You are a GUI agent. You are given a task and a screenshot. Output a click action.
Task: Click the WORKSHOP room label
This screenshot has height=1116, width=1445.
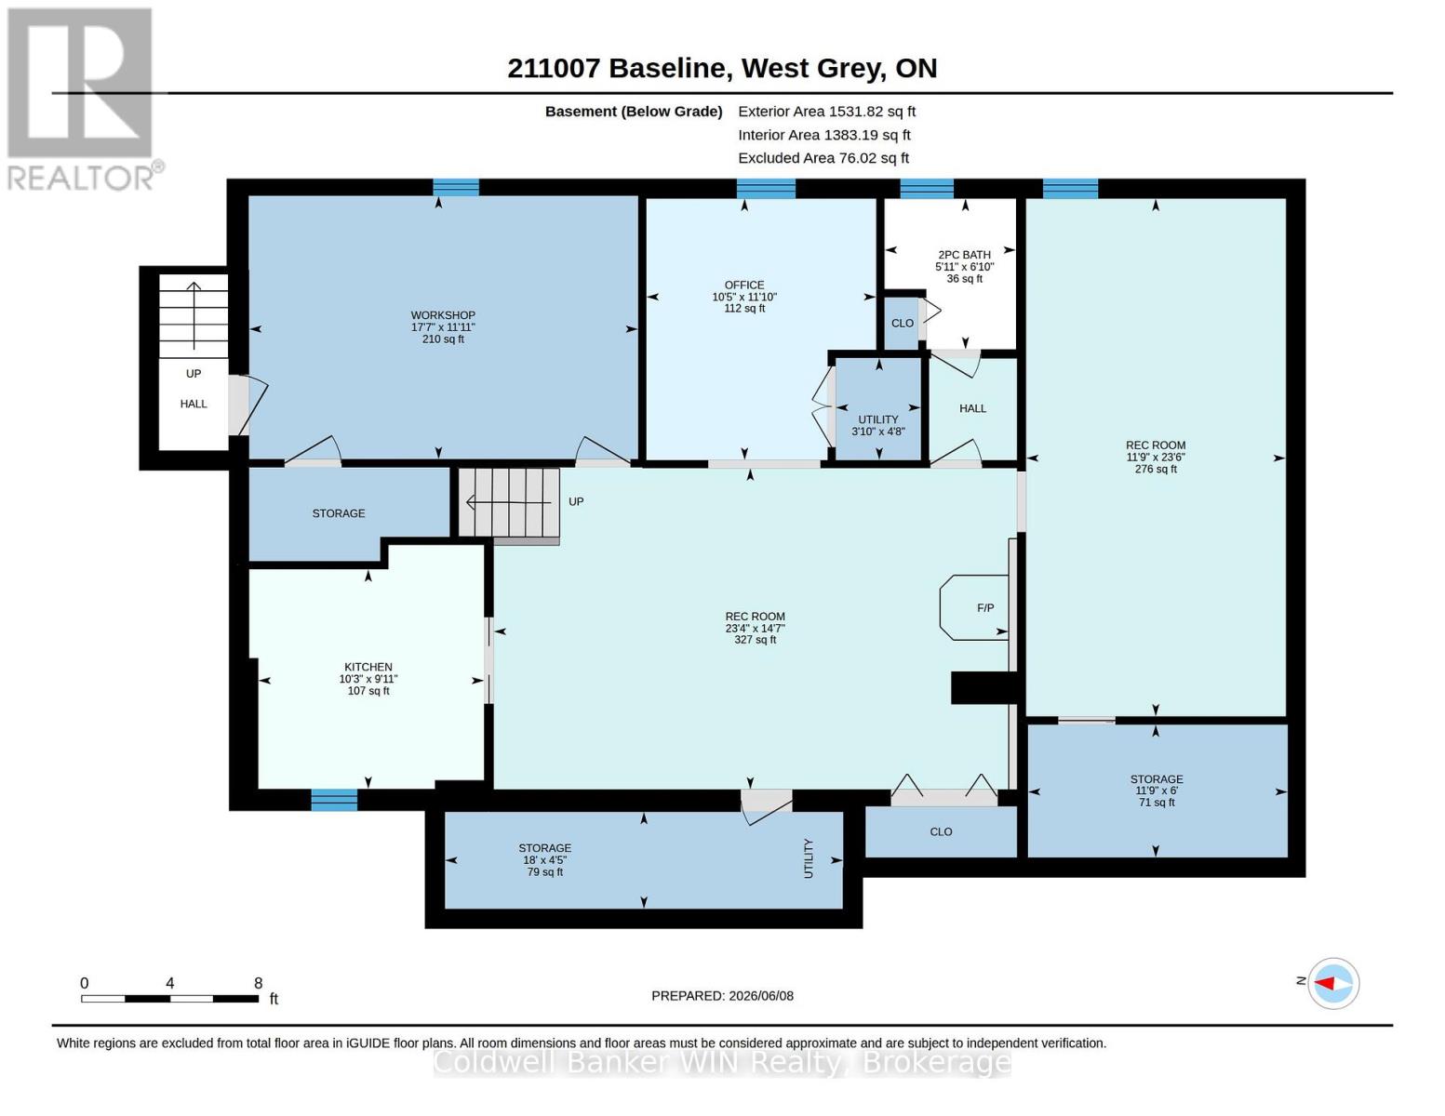click(x=443, y=315)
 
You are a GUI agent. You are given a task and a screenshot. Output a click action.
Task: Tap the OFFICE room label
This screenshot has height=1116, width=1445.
click(x=744, y=285)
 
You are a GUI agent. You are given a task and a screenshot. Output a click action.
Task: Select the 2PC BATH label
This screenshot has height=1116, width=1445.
click(x=964, y=255)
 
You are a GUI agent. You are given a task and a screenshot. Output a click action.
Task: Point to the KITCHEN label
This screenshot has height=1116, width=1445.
click(x=368, y=667)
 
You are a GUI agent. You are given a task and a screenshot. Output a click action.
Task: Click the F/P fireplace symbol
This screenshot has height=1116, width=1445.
click(x=974, y=607)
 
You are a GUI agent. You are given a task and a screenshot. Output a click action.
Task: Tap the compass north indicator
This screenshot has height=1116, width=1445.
click(x=1332, y=983)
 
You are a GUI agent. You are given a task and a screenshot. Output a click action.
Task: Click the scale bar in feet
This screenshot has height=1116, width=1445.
click(x=170, y=998)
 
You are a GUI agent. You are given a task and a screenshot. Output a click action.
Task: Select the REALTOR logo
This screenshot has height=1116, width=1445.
click(x=83, y=99)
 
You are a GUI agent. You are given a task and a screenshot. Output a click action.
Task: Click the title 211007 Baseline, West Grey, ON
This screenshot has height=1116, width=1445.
click(x=722, y=68)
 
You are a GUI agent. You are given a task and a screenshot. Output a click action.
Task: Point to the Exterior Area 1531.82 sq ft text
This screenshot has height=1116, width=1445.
click(x=826, y=112)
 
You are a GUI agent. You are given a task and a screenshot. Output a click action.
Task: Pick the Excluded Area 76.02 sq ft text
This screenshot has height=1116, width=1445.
click(x=823, y=158)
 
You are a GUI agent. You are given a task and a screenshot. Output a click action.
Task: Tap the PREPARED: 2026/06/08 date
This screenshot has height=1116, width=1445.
click(x=722, y=996)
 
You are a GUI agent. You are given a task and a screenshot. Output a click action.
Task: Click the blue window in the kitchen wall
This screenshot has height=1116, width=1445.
click(x=334, y=800)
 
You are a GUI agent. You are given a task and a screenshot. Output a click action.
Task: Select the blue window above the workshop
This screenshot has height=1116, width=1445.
click(x=456, y=188)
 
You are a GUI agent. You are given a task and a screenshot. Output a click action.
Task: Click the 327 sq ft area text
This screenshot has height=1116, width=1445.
click(x=755, y=640)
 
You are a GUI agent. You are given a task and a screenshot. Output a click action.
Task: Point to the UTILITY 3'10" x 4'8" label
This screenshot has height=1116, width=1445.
click(x=877, y=425)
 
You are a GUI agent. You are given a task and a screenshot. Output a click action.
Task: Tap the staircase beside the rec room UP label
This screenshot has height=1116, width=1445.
click(x=509, y=503)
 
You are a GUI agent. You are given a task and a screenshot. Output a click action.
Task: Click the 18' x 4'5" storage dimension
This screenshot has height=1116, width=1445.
click(x=544, y=860)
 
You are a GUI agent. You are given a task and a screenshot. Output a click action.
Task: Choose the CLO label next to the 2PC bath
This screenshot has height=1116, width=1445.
click(x=903, y=323)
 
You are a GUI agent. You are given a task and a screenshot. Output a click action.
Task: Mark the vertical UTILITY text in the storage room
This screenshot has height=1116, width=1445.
click(x=809, y=858)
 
